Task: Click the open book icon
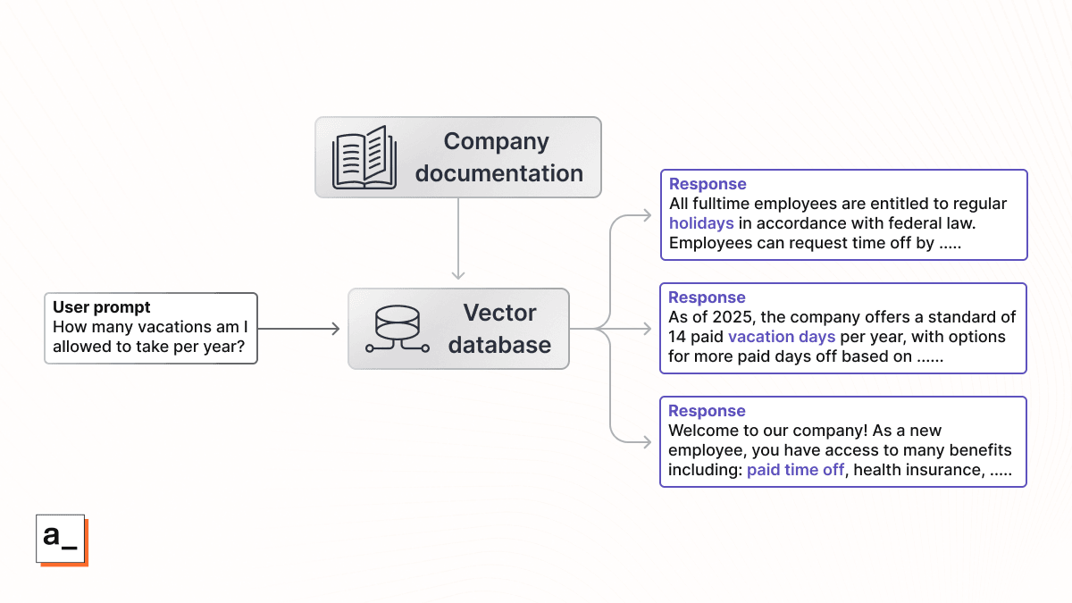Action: [364, 158]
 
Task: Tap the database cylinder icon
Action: [398, 329]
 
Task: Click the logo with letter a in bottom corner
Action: [62, 540]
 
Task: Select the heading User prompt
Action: [101, 308]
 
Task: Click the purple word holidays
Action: [701, 223]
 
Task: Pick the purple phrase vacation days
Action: [782, 337]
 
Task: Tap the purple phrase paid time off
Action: [795, 470]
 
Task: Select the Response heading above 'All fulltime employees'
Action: [708, 184]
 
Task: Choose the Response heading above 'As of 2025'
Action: [707, 297]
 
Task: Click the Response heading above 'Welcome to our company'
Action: [707, 411]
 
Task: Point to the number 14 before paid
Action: [677, 337]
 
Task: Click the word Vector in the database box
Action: [499, 313]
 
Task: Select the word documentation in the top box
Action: [498, 173]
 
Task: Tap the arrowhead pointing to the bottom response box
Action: [648, 442]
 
